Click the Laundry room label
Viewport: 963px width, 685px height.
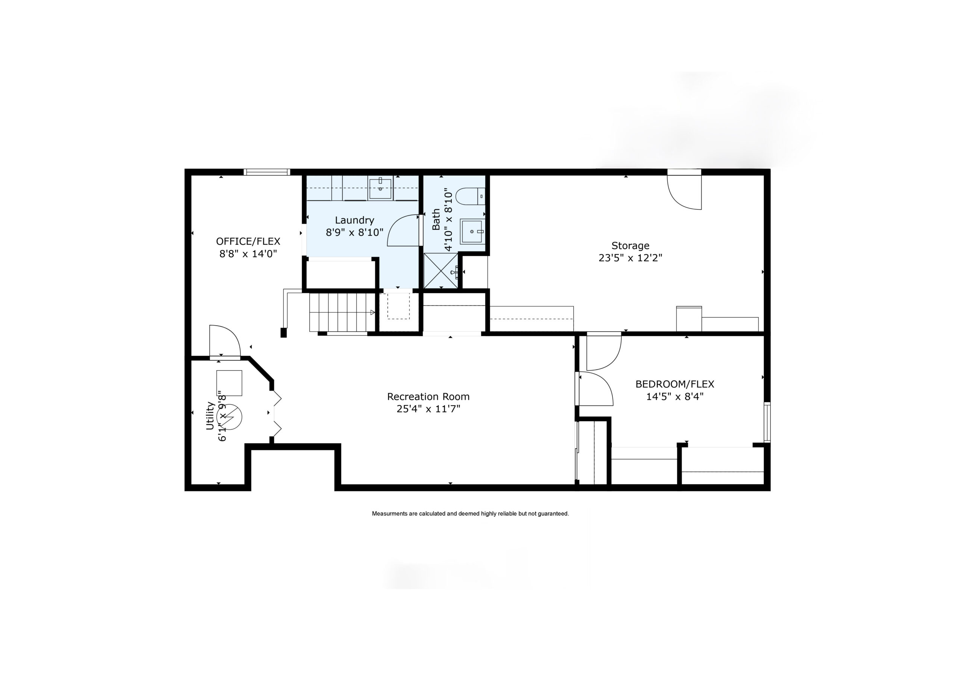(x=354, y=220)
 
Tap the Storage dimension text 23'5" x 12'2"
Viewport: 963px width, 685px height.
(x=630, y=258)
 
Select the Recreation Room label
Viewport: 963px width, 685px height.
(x=428, y=397)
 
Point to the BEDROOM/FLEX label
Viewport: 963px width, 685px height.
(x=675, y=384)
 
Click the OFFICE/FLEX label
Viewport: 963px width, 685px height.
(x=248, y=241)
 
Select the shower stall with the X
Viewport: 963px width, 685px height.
(x=440, y=271)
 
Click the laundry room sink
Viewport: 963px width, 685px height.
(x=380, y=187)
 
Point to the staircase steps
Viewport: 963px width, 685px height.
(x=342, y=312)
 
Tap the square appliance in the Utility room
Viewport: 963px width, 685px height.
(x=229, y=383)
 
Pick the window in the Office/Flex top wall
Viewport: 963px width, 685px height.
(x=267, y=172)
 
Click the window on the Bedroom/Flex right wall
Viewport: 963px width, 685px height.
(x=767, y=422)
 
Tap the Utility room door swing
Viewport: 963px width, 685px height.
(x=225, y=342)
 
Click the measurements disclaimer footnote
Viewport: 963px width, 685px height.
(x=470, y=514)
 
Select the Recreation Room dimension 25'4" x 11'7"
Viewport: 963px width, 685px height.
(x=428, y=409)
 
